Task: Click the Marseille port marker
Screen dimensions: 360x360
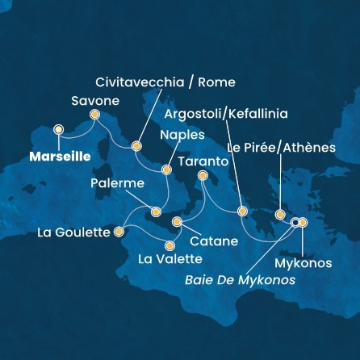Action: pyautogui.click(x=58, y=129)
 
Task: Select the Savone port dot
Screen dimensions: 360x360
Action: pyautogui.click(x=94, y=115)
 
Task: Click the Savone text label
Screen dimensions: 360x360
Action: pyautogui.click(x=95, y=101)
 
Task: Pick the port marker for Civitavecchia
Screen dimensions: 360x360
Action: pyautogui.click(x=136, y=147)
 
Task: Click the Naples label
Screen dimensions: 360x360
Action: pyautogui.click(x=182, y=135)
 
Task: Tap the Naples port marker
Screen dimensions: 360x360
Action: pyautogui.click(x=166, y=170)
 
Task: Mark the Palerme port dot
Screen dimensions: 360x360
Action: pyautogui.click(x=156, y=211)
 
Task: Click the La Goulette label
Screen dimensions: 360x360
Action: pyautogui.click(x=73, y=233)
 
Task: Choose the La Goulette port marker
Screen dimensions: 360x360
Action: pyautogui.click(x=119, y=232)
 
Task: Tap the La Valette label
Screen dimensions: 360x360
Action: pyautogui.click(x=170, y=259)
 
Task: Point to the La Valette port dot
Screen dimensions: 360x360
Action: pyautogui.click(x=170, y=245)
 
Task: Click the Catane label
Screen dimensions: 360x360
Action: pyautogui.click(x=214, y=241)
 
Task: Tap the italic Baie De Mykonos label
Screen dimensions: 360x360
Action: pyautogui.click(x=240, y=281)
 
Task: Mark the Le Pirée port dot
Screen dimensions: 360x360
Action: pyautogui.click(x=280, y=215)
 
